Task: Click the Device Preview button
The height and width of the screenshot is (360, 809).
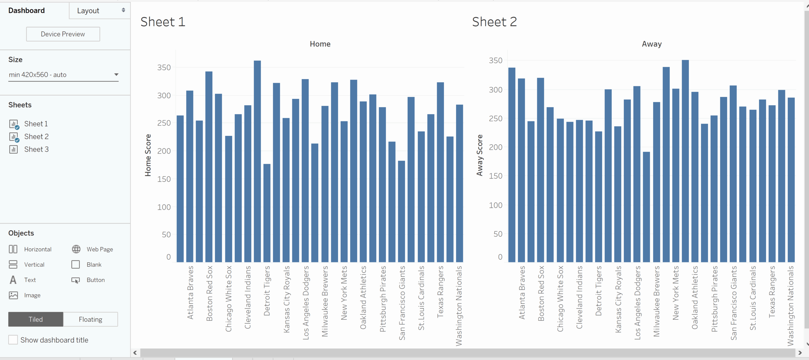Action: (63, 34)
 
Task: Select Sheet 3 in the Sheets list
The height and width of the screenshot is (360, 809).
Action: (36, 149)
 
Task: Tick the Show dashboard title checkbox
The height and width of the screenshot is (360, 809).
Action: (13, 340)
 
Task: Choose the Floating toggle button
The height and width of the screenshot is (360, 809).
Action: (90, 319)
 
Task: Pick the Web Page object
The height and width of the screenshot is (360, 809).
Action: (100, 249)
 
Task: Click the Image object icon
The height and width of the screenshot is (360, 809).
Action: (13, 295)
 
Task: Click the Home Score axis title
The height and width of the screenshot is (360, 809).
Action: (148, 155)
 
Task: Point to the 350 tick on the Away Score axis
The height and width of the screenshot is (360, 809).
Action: (495, 60)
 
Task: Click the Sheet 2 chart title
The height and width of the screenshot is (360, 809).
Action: (494, 22)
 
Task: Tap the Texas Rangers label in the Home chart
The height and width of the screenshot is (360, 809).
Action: (440, 291)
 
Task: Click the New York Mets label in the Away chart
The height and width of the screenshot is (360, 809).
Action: (675, 293)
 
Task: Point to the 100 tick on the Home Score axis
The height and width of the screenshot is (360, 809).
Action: (164, 207)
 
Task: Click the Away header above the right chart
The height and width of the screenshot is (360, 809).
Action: (652, 44)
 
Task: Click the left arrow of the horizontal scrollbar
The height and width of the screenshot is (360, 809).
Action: (135, 353)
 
